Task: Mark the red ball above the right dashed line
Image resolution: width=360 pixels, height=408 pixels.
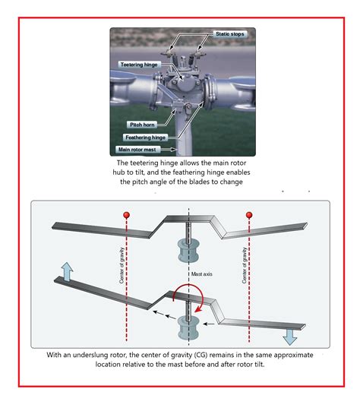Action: pyautogui.click(x=249, y=217)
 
